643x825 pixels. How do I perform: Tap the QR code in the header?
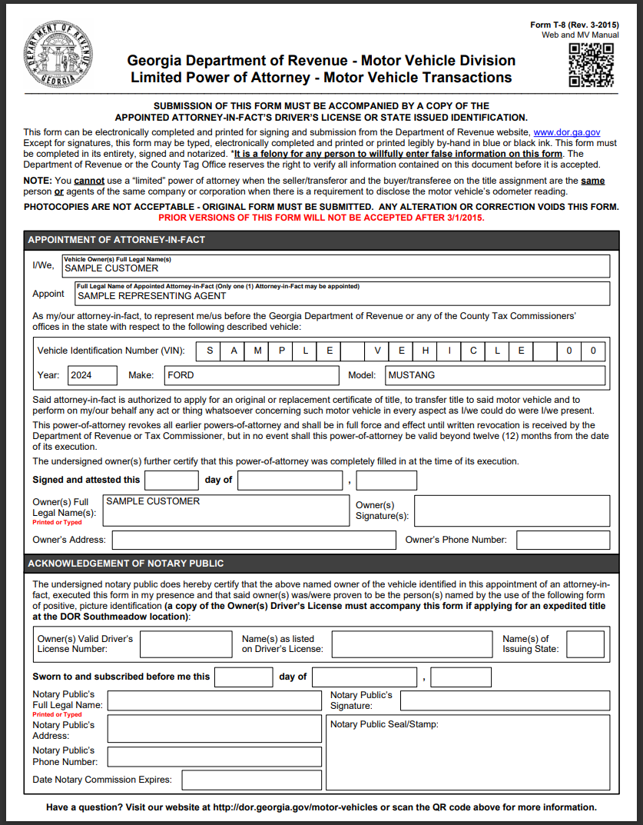coord(591,65)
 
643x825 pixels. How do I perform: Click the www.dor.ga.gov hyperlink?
coord(566,133)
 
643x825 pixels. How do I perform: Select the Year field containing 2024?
coord(92,375)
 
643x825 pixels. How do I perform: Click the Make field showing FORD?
coord(251,375)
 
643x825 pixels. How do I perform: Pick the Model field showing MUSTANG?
coord(494,375)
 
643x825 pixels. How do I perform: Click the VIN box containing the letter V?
coord(378,351)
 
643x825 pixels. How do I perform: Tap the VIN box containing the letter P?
coord(282,351)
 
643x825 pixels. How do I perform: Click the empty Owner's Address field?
coord(254,540)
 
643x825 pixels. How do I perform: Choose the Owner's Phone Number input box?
coord(563,540)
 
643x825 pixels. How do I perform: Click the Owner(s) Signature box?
coord(512,511)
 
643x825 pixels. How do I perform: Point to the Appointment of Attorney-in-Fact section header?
coord(116,240)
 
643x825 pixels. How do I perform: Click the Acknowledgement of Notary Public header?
coord(126,564)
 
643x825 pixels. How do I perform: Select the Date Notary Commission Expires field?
coord(251,780)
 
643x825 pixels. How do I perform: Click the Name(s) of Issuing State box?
coord(585,644)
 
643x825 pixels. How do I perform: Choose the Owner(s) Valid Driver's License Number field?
coord(185,644)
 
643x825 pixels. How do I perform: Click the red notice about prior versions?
coord(321,218)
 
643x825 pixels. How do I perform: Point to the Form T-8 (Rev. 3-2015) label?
coord(574,25)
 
